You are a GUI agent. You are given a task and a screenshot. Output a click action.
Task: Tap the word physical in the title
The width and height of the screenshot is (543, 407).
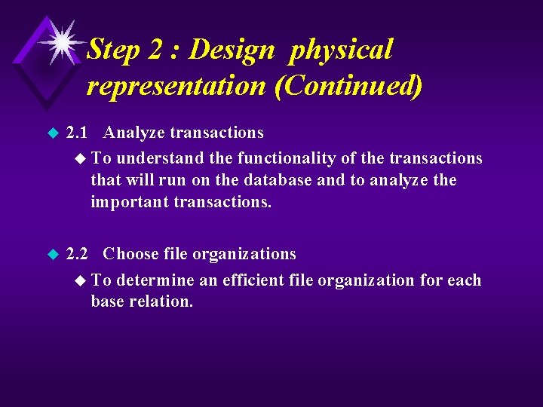[342, 50]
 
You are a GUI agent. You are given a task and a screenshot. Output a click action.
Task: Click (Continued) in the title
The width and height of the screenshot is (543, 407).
[348, 85]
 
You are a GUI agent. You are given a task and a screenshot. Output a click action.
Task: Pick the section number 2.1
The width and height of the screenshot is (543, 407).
[78, 133]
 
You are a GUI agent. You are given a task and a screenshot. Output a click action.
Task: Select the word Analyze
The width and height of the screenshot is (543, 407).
[134, 133]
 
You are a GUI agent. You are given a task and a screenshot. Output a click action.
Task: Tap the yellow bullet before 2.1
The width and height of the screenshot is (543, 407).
[52, 133]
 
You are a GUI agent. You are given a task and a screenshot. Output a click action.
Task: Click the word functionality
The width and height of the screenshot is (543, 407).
[292, 158]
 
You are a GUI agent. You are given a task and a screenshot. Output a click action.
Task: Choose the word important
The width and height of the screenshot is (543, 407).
[129, 203]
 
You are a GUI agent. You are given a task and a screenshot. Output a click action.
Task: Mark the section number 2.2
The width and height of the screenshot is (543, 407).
[78, 254]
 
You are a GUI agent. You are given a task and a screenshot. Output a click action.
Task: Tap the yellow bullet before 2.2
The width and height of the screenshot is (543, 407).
[52, 255]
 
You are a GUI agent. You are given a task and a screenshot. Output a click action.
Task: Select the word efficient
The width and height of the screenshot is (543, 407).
[256, 280]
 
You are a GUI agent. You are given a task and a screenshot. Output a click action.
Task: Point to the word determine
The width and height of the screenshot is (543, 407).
[155, 280]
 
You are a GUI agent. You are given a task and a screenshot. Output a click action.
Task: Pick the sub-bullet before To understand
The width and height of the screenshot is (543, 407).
[81, 158]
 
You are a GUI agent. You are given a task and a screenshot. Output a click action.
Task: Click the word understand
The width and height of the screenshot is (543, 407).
[160, 158]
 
